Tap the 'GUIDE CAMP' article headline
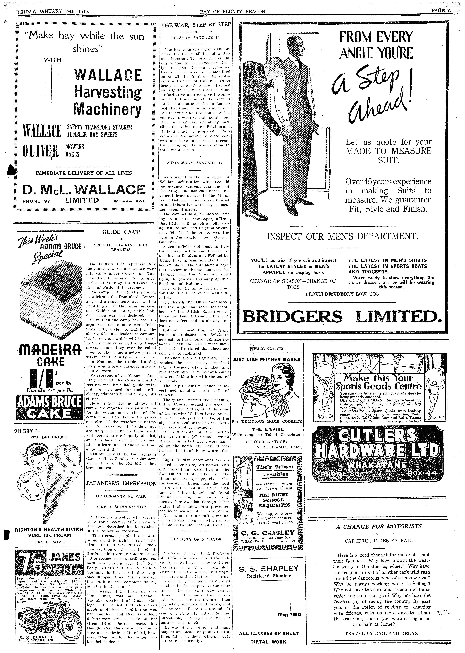coord(121,232)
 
